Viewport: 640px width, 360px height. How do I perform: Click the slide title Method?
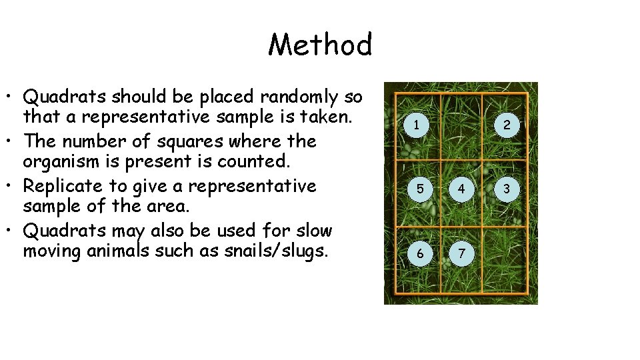point(320,45)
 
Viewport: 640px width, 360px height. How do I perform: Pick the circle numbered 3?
point(507,189)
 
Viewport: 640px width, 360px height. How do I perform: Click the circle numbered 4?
point(461,189)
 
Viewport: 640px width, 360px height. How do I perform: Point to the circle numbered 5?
point(419,189)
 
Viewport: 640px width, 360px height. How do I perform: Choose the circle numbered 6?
point(419,253)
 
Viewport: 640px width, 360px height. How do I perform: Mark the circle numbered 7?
point(461,253)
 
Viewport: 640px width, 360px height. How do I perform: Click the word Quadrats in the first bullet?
point(65,97)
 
